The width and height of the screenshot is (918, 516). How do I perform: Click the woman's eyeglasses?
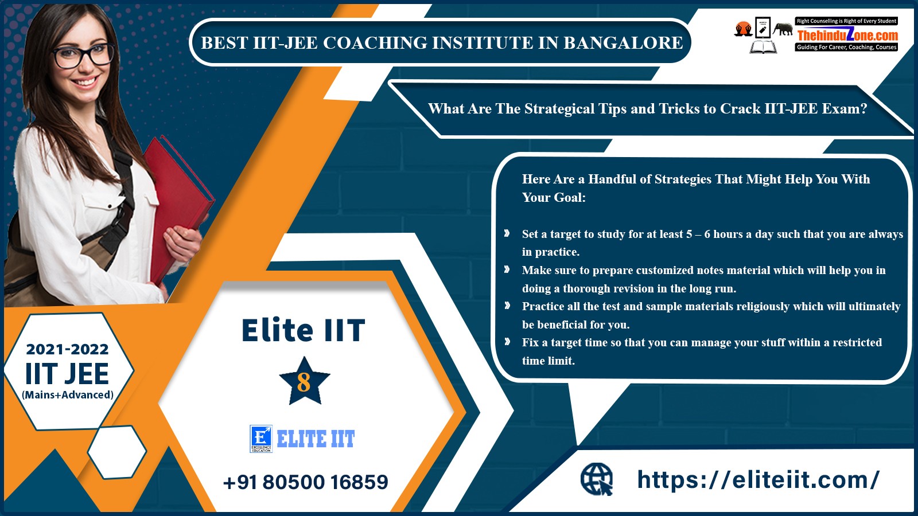83,54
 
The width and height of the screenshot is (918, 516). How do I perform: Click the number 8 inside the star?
304,382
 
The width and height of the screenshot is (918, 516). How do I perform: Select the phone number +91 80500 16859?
306,482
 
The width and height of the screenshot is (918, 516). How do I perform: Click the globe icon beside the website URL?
597,479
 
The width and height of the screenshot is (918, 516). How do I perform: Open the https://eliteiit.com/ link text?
758,479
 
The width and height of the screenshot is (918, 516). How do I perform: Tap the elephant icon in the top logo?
783,29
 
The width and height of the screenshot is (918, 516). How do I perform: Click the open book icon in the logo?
763,46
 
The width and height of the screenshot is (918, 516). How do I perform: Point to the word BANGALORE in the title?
623,42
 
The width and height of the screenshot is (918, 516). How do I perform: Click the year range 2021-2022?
68,349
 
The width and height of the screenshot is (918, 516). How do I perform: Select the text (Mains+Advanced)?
68,395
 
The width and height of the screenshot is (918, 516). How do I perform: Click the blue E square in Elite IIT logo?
261,439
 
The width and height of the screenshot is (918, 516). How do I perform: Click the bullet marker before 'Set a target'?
507,233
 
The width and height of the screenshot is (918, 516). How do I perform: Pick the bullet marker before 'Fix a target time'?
507,342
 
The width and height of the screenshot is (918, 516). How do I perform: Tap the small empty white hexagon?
117,452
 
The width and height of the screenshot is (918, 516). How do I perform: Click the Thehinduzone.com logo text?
847,35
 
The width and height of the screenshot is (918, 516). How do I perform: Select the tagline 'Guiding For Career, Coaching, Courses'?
847,48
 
